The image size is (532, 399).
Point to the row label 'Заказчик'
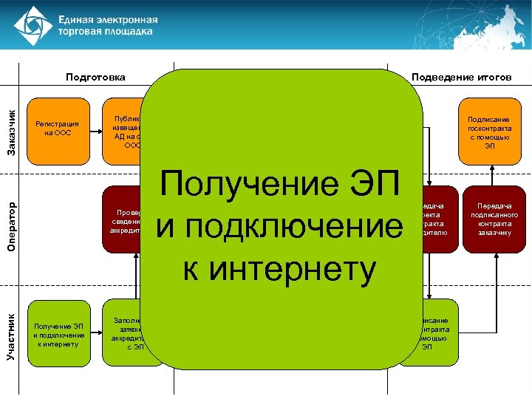tap(10, 132)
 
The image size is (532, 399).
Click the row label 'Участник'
tap(10, 336)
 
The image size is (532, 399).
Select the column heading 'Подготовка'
tap(95, 77)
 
